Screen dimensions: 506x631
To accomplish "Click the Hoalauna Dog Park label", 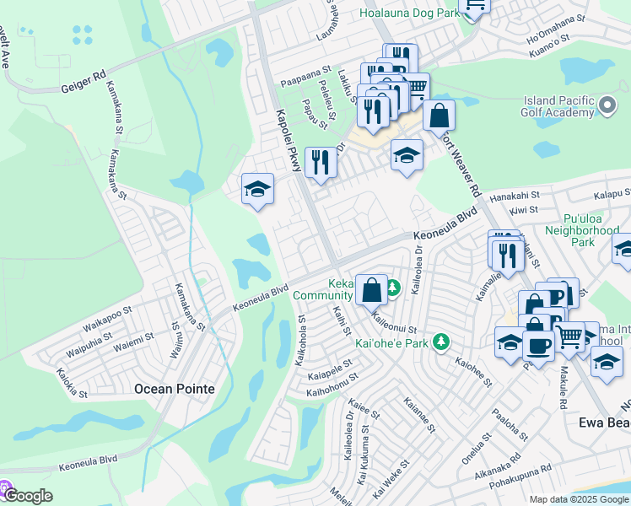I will tap(408, 13).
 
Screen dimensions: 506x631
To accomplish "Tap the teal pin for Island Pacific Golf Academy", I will tap(608, 107).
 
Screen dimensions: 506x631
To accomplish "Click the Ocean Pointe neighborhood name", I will tap(175, 389).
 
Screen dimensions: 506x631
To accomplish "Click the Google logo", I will tap(27, 495).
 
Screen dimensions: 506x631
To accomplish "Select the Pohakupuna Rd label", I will tap(522, 471).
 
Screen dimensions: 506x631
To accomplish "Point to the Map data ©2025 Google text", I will tap(578, 499).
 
